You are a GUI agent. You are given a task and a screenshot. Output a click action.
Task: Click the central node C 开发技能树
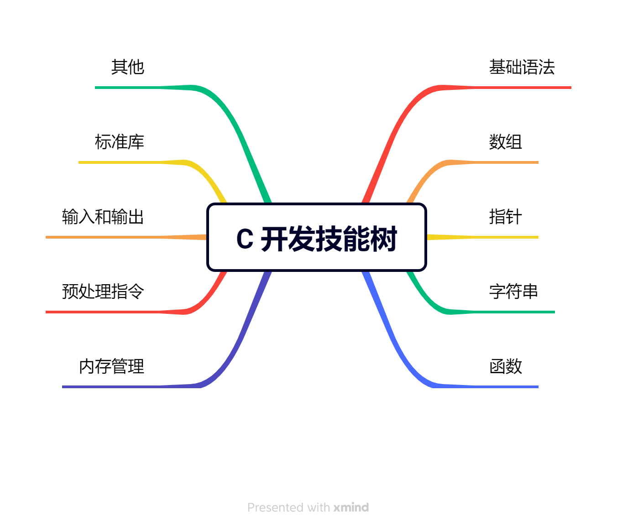(x=317, y=238)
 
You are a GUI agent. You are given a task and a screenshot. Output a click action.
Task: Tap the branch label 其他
(x=128, y=67)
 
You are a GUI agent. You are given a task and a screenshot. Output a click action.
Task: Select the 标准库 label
(x=120, y=142)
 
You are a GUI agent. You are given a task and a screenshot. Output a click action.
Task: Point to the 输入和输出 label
(x=103, y=217)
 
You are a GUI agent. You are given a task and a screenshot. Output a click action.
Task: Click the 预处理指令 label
(x=103, y=292)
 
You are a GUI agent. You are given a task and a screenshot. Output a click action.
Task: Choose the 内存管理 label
(x=111, y=366)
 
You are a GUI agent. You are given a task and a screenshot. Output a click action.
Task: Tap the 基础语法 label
(x=522, y=67)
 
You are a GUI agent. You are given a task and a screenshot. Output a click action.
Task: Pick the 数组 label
(x=505, y=142)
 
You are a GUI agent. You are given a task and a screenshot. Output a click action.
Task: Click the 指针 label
(x=505, y=217)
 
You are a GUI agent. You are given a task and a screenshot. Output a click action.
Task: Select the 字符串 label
(x=513, y=292)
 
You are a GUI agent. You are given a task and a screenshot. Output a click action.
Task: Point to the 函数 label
(x=505, y=366)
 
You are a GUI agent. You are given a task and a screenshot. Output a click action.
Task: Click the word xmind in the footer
(x=351, y=507)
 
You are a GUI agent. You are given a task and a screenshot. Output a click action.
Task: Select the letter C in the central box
(x=245, y=239)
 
